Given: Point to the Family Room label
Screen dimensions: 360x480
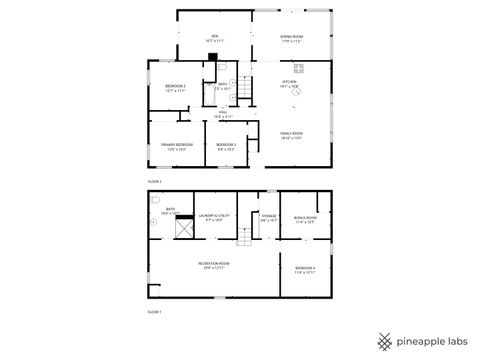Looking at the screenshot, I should (x=291, y=135).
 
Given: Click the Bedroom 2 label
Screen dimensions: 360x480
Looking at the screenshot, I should (x=175, y=89).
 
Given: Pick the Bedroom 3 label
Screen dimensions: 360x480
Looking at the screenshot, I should (x=226, y=146).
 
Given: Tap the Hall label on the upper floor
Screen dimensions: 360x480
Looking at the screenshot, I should (x=237, y=115).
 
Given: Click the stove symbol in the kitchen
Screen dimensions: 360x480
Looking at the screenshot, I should (x=299, y=68).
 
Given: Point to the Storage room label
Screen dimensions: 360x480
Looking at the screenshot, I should (x=268, y=217).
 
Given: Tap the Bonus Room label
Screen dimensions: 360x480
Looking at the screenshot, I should (x=305, y=219).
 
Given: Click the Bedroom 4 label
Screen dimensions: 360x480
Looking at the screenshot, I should (x=305, y=269).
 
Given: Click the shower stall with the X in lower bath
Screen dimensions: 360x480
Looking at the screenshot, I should (x=182, y=230).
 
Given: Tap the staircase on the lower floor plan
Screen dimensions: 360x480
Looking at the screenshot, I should (x=243, y=237).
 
